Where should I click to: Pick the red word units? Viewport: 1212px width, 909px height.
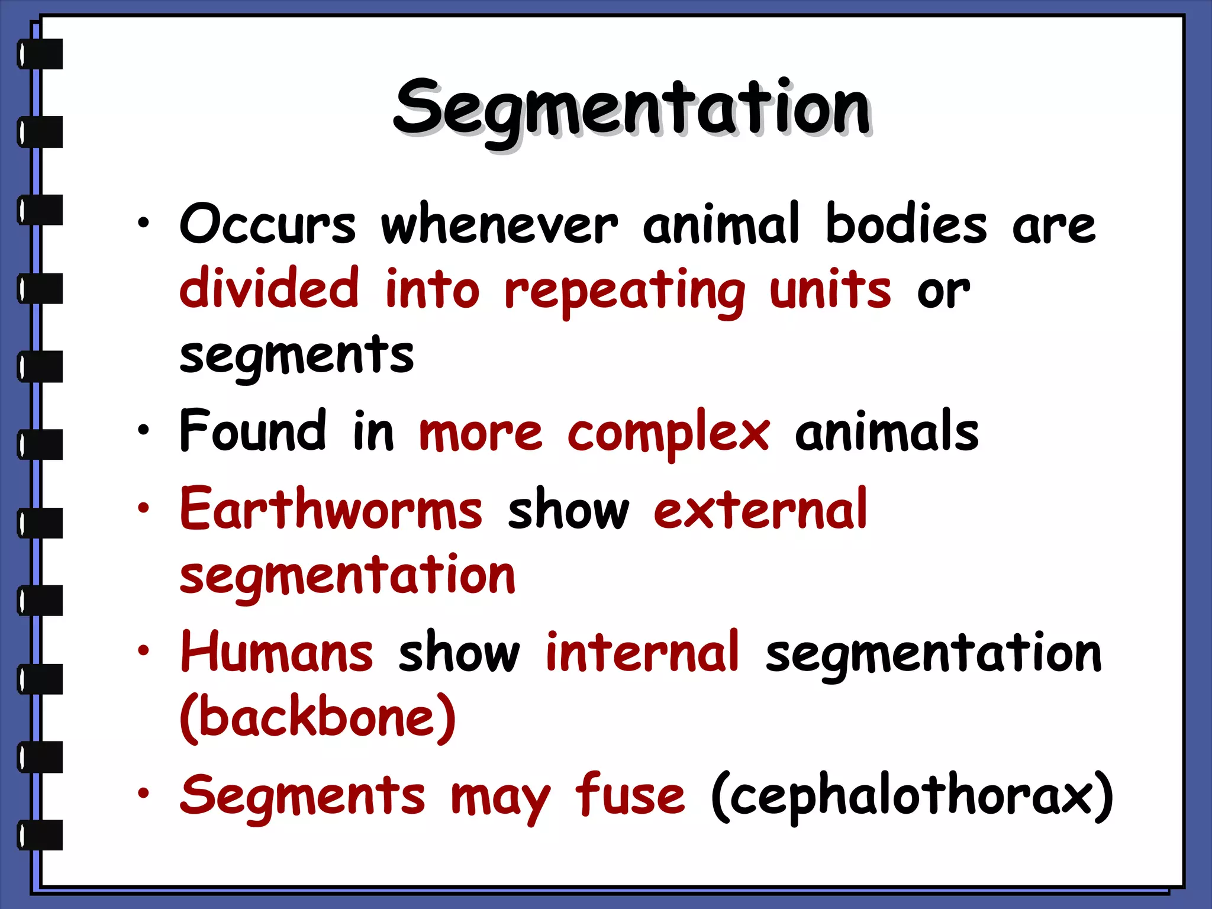pyautogui.click(x=830, y=289)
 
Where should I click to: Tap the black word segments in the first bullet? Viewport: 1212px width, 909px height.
pyautogui.click(x=296, y=356)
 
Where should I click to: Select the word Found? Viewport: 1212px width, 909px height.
pyautogui.click(x=253, y=431)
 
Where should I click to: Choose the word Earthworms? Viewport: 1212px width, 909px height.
pyautogui.click(x=331, y=509)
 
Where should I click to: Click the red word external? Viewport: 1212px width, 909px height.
pyautogui.click(x=760, y=509)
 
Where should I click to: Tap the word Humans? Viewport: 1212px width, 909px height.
pyautogui.click(x=277, y=652)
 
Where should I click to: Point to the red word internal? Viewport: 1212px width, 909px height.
pyautogui.click(x=642, y=652)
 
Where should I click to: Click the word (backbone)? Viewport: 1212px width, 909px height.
pyautogui.click(x=318, y=717)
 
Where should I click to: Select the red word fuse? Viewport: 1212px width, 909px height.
pyautogui.click(x=630, y=794)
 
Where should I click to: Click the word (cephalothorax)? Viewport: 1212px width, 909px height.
pyautogui.click(x=911, y=795)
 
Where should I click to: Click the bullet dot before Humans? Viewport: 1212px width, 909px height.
pyautogui.click(x=143, y=651)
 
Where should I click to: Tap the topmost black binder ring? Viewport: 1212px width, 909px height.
pyautogui.click(x=40, y=54)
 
